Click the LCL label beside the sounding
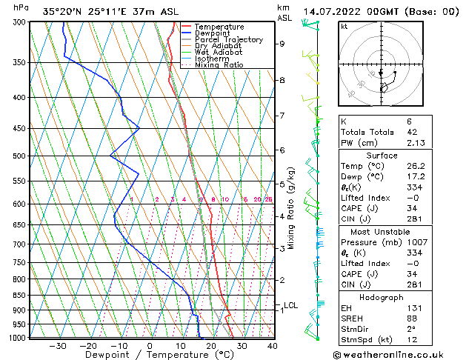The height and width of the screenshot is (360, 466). pyautogui.click(x=290, y=305)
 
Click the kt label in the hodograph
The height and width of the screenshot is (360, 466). pyautogui.click(x=344, y=26)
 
